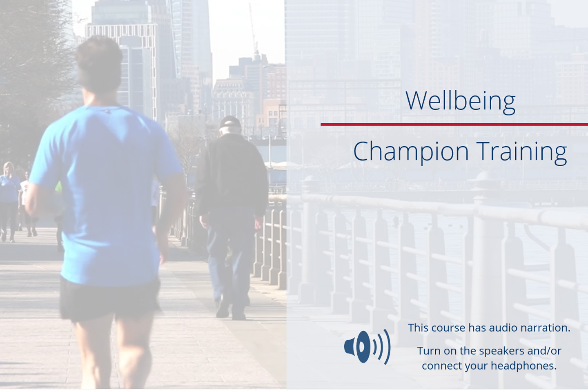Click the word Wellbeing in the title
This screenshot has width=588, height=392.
pos(461,101)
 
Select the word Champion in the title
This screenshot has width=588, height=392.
pos(411,152)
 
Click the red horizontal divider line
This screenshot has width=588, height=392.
pos(454,124)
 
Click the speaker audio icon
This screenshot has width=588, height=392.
pos(367,347)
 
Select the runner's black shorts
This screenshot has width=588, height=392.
pos(110,299)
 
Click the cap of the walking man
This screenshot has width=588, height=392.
pos(230,122)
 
